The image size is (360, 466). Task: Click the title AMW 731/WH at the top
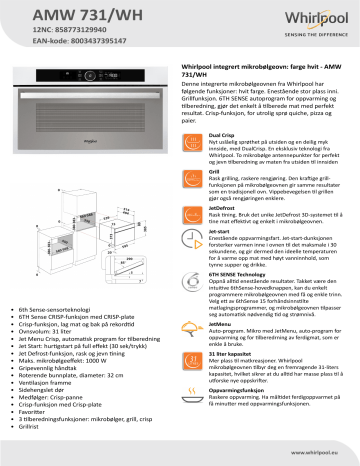point(47,14)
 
